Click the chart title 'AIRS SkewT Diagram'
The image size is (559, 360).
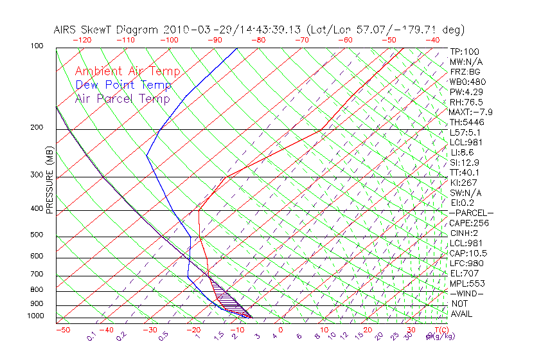coord(107,30)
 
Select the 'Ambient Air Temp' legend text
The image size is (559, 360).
coord(127,72)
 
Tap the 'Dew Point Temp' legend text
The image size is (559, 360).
coord(123,85)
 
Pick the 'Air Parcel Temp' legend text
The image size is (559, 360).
coord(122,99)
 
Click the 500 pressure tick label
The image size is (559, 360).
coord(37,235)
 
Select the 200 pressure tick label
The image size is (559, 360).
coord(37,127)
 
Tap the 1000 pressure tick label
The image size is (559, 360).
coord(36,316)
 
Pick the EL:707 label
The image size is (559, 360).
coord(465,273)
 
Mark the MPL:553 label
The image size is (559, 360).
coord(467,283)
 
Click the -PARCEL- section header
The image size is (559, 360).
coord(471,213)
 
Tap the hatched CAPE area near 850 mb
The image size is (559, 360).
coord(226,297)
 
